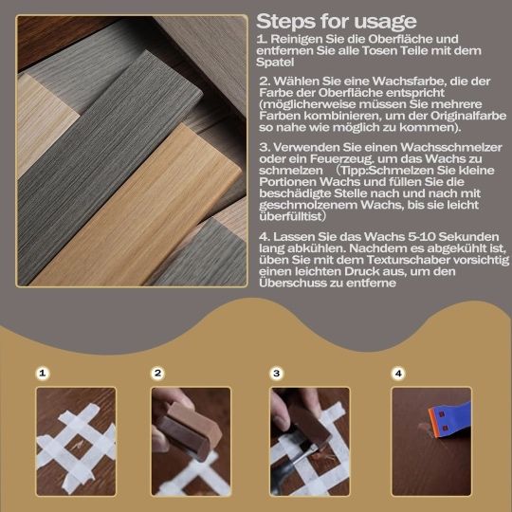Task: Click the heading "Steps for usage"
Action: [337, 22]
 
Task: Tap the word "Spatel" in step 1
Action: [275, 63]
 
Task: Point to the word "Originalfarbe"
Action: [468, 116]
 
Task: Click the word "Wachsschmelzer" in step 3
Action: [451, 147]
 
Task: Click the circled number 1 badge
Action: [43, 373]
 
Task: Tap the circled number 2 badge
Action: [158, 373]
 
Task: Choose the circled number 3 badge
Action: [277, 373]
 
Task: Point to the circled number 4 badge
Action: [398, 373]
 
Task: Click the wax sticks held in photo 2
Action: [188, 429]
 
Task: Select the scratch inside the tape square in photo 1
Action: [78, 443]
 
